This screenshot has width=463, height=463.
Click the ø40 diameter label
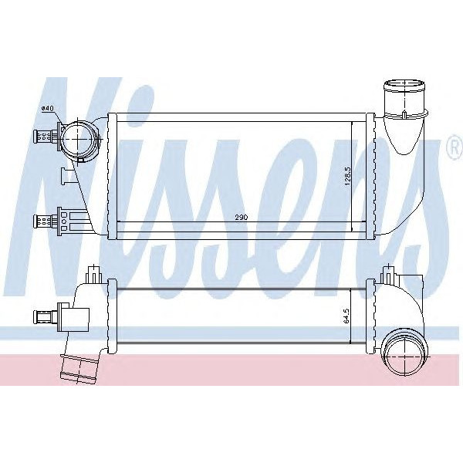pyautogui.click(x=48, y=109)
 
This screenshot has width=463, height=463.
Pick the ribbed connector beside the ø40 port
pyautogui.click(x=43, y=137)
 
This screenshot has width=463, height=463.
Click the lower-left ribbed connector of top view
pyautogui.click(x=43, y=221)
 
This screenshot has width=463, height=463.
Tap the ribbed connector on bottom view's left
pyautogui.click(x=43, y=316)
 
